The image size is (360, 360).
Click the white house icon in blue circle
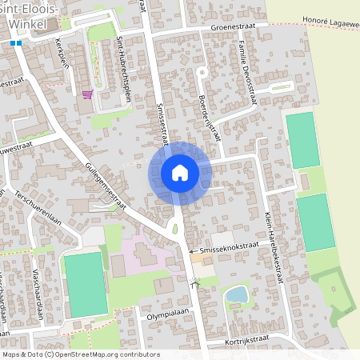pos(180,172)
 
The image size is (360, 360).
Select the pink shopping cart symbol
pos(86,94)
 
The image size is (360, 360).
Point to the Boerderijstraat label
pos(210,114)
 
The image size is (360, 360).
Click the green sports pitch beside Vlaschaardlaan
pos(84,284)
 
